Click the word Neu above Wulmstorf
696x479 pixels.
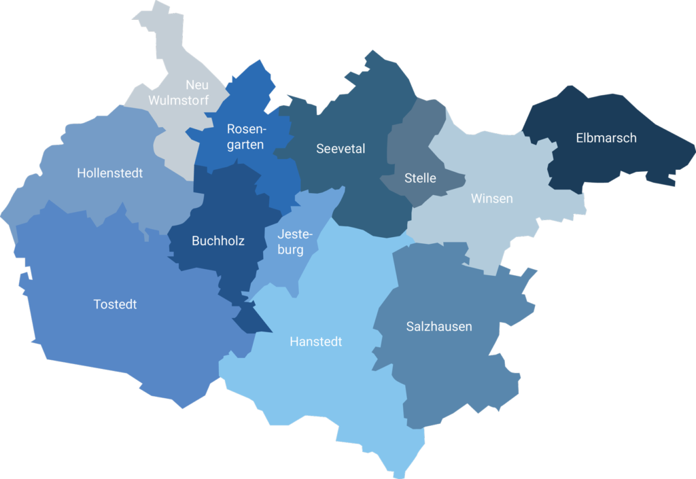click(x=197, y=86)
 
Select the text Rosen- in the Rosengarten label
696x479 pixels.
click(x=246, y=129)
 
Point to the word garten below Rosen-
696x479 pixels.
click(x=245, y=145)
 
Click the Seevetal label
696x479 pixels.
click(x=341, y=149)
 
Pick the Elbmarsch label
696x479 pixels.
click(x=606, y=138)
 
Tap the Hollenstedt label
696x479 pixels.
click(x=110, y=173)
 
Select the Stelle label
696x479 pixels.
click(x=420, y=179)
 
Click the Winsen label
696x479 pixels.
click(x=492, y=199)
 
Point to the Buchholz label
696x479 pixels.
click(x=218, y=241)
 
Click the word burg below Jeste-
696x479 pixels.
click(x=290, y=250)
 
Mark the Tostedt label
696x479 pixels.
click(x=115, y=304)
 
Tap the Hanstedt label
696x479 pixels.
click(x=315, y=342)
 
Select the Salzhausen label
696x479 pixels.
click(x=439, y=327)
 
